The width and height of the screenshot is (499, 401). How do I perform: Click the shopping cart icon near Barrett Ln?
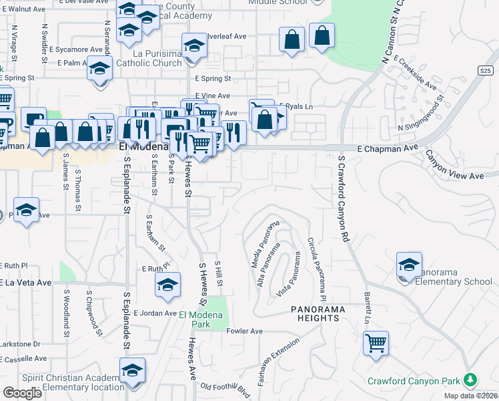376,344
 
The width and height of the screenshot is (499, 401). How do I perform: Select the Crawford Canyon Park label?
414,381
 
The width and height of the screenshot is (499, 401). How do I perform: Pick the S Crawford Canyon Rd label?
344,199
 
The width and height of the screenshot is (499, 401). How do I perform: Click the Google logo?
22,393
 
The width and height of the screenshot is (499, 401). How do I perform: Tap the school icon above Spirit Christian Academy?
132,371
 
